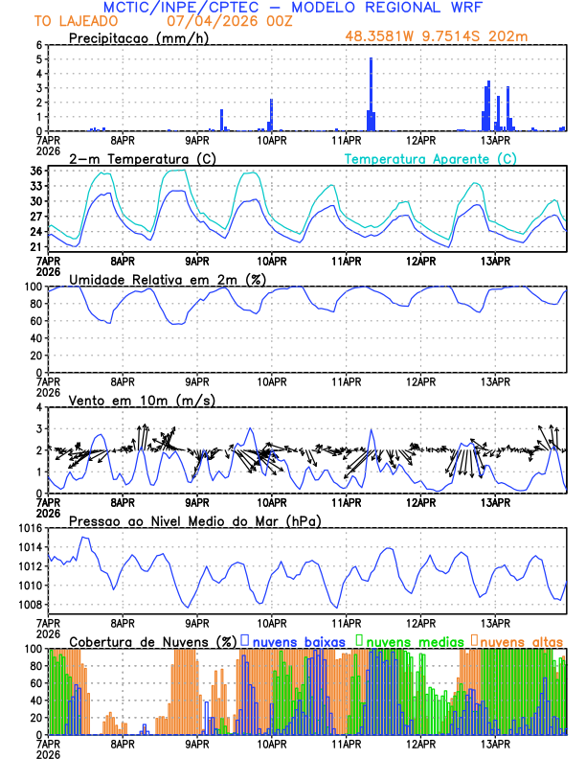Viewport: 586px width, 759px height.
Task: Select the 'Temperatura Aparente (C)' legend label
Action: (429, 158)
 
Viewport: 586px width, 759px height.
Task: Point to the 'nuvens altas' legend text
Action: (522, 640)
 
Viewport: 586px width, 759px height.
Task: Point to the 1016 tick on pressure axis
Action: (27, 528)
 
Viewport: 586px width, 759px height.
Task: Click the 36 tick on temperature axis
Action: (34, 171)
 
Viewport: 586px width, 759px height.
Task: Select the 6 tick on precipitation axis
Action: (38, 45)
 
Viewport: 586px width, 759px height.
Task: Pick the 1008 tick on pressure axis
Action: (27, 605)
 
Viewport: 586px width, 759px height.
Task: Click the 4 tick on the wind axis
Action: (38, 407)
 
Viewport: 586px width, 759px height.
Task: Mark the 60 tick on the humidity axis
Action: (33, 321)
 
